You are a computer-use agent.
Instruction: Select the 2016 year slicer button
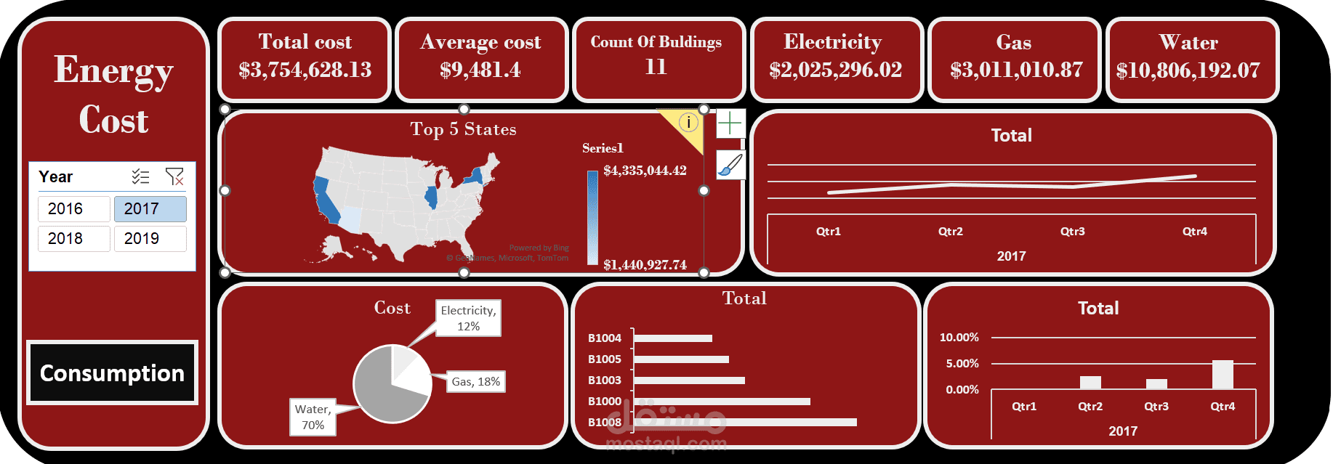coord(73,209)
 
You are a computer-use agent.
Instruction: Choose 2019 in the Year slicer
coord(150,239)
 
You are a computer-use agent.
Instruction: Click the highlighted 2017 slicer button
coord(150,209)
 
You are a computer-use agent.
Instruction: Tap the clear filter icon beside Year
coord(174,176)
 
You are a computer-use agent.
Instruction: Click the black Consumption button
coord(112,373)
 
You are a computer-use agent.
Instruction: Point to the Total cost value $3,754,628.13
coord(305,70)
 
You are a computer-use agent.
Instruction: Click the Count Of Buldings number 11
coord(656,68)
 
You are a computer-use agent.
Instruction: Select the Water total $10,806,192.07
coord(1188,71)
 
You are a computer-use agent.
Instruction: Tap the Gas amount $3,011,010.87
coord(1015,70)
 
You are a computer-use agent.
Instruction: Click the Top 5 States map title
coord(463,129)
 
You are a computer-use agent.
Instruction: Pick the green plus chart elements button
coord(730,123)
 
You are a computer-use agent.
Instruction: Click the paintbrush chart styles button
coord(730,165)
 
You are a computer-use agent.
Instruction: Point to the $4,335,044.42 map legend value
coord(645,171)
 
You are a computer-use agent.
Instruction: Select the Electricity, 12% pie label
coord(468,318)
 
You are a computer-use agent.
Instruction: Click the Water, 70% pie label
coord(313,417)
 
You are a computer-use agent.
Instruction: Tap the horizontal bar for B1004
coord(672,338)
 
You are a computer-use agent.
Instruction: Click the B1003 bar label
coord(604,380)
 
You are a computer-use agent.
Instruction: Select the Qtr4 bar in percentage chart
coord(1223,375)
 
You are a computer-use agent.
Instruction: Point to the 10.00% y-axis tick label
coord(959,338)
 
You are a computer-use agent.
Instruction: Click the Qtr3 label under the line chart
coord(1072,232)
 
